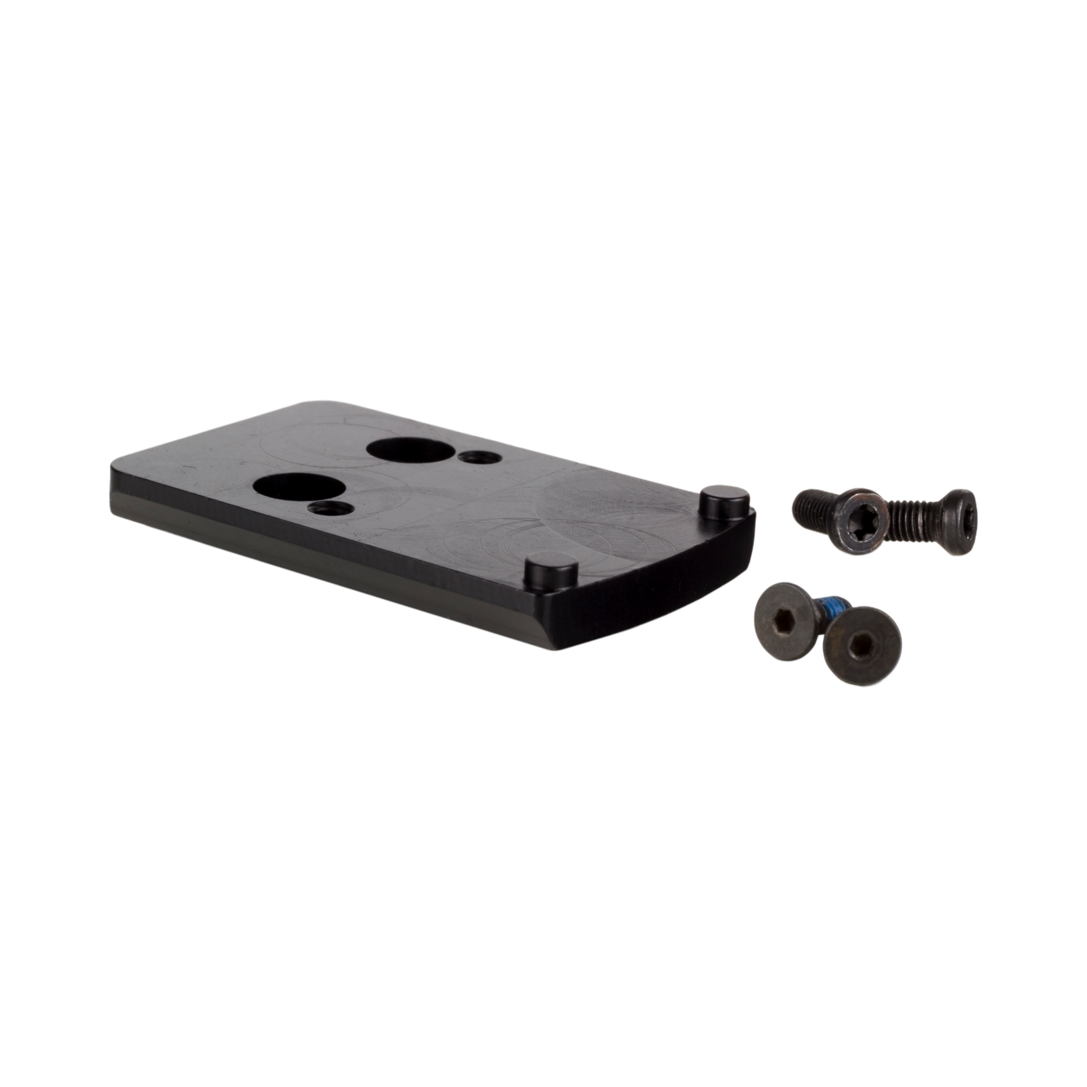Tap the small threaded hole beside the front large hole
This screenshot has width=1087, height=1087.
(x=332, y=508)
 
